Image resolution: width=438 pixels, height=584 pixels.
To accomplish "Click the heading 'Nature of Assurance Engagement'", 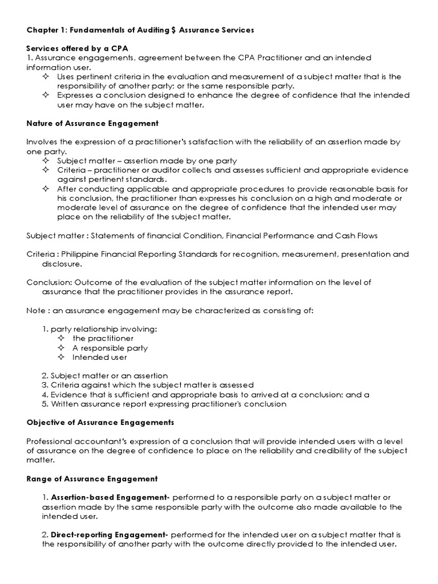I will (x=92, y=123).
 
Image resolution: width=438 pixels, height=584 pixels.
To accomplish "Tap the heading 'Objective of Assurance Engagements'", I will (x=100, y=423).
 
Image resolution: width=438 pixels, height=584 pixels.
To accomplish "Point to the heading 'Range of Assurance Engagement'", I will (x=92, y=478).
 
